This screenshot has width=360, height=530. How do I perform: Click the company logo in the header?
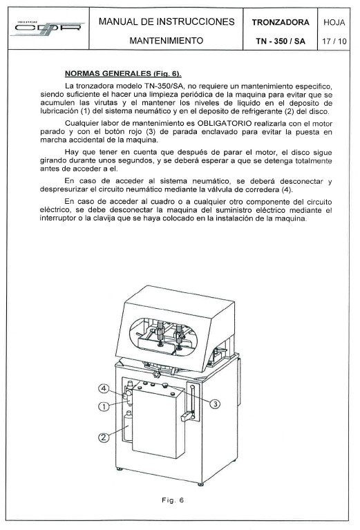pos(40,32)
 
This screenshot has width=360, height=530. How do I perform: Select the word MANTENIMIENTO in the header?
pos(167,41)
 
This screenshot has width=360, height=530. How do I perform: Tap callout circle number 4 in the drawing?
pos(103,388)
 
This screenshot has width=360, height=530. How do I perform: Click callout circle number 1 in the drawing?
pos(103,407)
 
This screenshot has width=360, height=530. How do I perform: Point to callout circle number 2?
pos(103,436)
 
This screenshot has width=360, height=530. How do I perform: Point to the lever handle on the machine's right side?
pos(187,416)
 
